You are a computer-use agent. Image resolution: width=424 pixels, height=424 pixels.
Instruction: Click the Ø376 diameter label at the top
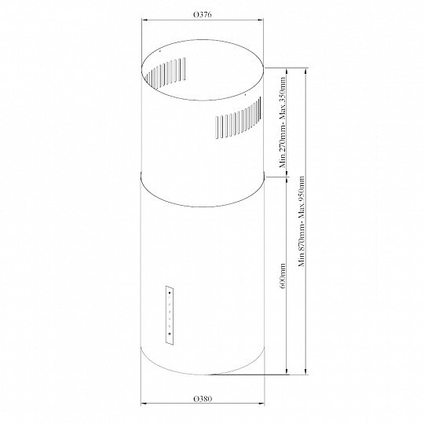pyautogui.click(x=203, y=13)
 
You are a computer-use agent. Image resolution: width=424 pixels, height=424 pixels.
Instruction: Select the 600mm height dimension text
pyautogui.click(x=283, y=276)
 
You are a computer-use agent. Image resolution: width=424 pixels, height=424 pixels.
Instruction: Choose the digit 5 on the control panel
pyautogui.click(x=169, y=327)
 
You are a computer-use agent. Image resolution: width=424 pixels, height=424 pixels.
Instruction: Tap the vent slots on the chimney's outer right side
pyautogui.click(x=235, y=122)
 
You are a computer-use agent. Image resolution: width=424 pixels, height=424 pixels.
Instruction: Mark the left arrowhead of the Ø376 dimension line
pyautogui.click(x=142, y=22)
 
